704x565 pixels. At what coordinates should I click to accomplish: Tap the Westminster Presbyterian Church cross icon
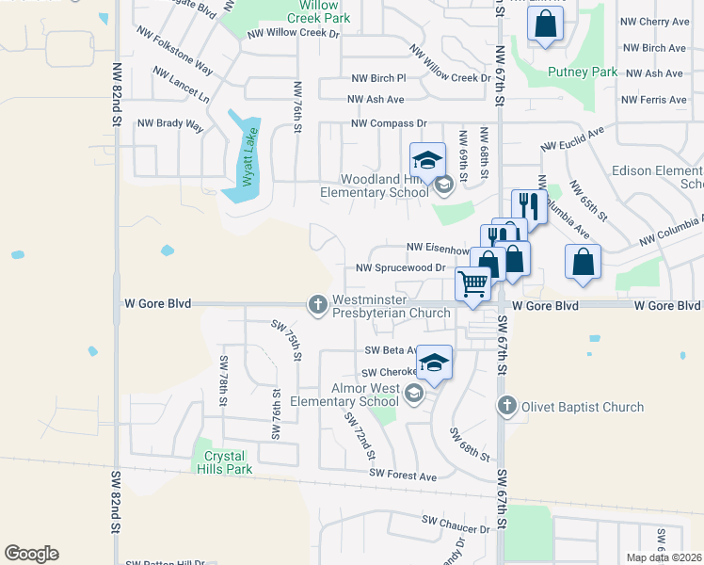coord(317,304)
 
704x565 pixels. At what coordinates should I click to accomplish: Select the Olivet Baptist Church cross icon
coord(506,406)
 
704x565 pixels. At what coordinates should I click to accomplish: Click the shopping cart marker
coord(472,282)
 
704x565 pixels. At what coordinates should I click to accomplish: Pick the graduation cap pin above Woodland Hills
coord(427,159)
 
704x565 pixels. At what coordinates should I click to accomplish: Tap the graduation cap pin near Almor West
coord(434,363)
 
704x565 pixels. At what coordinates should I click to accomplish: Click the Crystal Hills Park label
coord(228,461)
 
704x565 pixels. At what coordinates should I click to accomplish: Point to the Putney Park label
coord(583,72)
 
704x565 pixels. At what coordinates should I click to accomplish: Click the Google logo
coord(31,554)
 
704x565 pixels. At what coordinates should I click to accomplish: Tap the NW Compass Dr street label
coord(389,123)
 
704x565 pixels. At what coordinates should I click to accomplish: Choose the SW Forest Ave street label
coord(403,476)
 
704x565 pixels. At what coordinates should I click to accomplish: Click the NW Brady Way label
coord(170,123)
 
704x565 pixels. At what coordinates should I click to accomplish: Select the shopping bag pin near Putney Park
coord(546,26)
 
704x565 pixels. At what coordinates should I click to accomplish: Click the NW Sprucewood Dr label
coord(400,267)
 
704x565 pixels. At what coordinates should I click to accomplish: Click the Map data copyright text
coord(664,557)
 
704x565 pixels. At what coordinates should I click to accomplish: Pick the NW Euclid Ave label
coord(571,140)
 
